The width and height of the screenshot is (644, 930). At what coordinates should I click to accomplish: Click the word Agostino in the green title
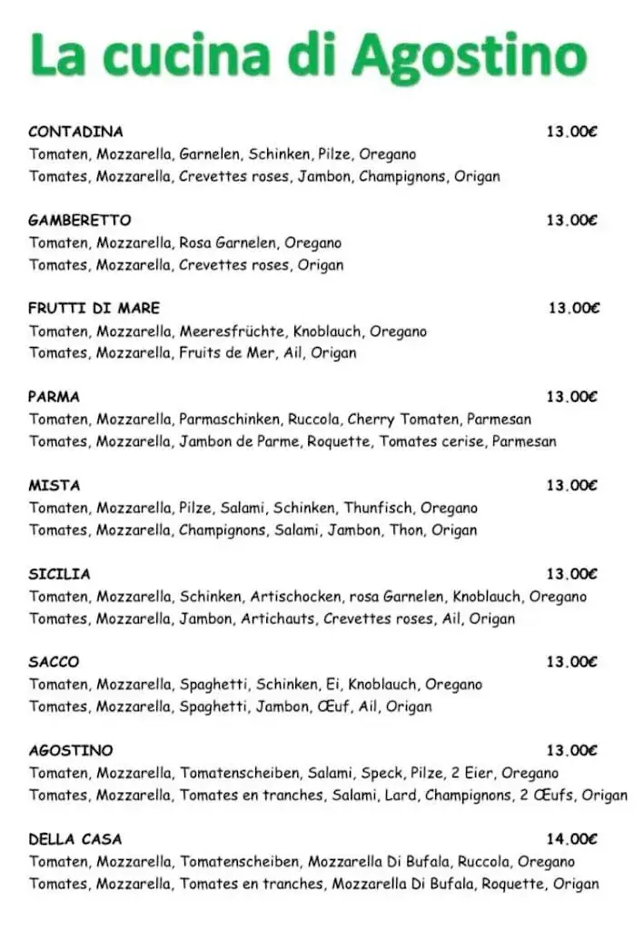(x=469, y=56)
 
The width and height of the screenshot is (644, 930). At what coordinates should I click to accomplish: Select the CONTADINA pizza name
(x=75, y=132)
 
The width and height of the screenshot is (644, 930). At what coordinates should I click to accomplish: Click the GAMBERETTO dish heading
(x=79, y=220)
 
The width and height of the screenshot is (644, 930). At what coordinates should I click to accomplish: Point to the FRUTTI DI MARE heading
(x=94, y=308)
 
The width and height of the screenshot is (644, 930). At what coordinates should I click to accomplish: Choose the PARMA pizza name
(x=54, y=396)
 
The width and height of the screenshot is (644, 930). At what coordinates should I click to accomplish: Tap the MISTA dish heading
(x=54, y=485)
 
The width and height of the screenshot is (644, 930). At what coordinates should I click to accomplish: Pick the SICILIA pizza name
(x=59, y=574)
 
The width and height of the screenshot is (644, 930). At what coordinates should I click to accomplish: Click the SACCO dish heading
(x=54, y=662)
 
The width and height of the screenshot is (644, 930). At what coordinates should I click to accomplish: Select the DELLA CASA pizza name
(x=74, y=839)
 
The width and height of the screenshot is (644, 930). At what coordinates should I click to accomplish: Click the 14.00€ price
(x=571, y=839)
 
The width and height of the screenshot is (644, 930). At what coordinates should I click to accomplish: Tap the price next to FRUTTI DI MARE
(x=573, y=308)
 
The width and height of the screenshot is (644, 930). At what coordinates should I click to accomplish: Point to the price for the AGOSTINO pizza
(x=571, y=750)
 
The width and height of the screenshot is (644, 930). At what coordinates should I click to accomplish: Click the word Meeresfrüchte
(x=233, y=331)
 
